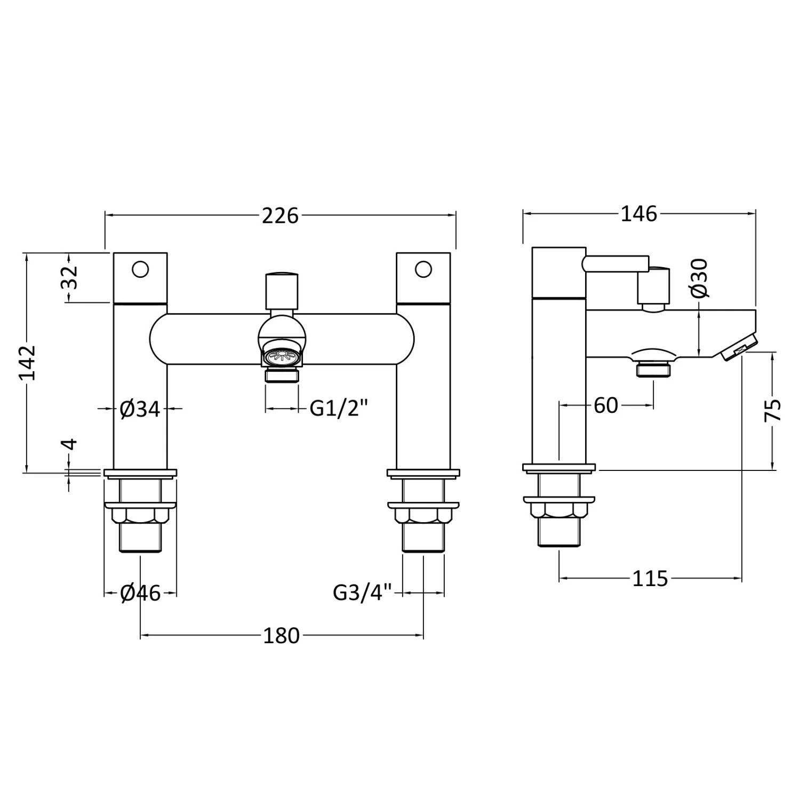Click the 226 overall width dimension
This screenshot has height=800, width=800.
click(280, 215)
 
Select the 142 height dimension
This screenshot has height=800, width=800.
click(27, 362)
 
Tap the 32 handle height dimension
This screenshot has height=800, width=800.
click(70, 277)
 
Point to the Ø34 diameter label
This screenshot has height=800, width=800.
click(140, 409)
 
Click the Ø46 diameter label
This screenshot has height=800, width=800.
click(140, 593)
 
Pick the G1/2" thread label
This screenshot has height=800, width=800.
click(339, 409)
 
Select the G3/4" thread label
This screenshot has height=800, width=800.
click(363, 593)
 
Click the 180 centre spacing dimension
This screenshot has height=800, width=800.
click(281, 636)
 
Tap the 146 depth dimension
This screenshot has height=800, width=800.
click(639, 214)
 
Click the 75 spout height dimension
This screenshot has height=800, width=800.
click(773, 410)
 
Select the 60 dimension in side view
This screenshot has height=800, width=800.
click(605, 406)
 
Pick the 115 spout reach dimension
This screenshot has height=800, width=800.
click(650, 578)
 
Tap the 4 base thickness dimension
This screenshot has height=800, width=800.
click(70, 444)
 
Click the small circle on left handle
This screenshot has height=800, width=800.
click(140, 269)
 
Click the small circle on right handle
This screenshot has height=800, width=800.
click(423, 269)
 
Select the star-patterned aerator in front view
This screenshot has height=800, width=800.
click(282, 356)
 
